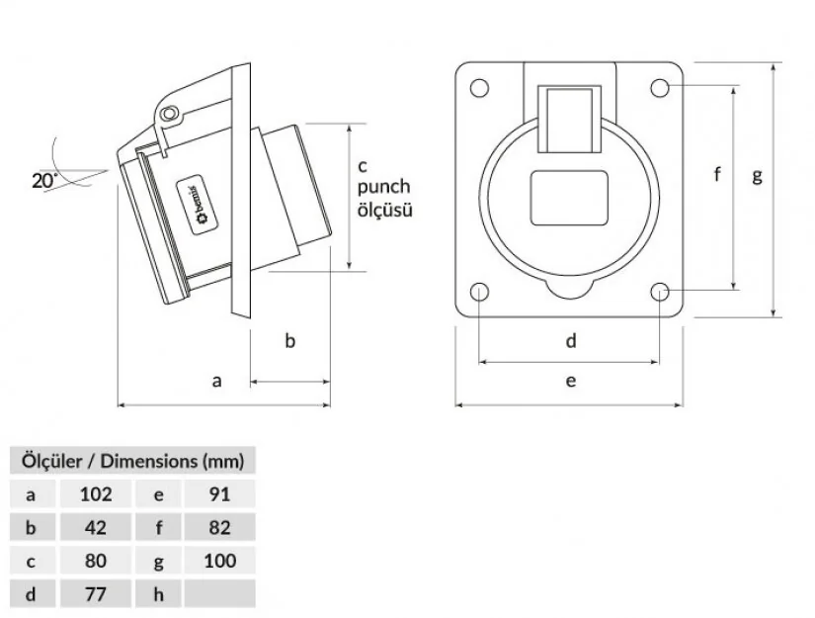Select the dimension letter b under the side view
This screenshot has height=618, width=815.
pos(290,341)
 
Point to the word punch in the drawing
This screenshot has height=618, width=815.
pos(384,187)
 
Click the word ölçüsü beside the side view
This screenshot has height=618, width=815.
pos(384,210)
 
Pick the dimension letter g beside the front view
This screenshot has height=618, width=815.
pos(758,175)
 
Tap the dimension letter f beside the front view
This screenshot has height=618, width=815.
pos(718,175)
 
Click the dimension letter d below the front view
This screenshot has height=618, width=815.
pos(571,341)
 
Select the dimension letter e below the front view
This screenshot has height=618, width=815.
pos(571,380)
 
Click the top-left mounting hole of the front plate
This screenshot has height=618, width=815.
pos(480,87)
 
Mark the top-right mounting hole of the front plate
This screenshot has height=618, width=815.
pos(660,87)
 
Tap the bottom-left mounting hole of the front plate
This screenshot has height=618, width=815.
pos(480,293)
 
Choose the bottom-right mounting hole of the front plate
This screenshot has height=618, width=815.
pos(660,293)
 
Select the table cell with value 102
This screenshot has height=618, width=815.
pos(95,493)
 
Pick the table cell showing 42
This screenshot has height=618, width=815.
pos(95,527)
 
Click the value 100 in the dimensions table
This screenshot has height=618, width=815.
pos(220,561)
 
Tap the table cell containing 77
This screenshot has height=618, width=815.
pos(95,594)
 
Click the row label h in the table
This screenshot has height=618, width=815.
pos(158,594)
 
